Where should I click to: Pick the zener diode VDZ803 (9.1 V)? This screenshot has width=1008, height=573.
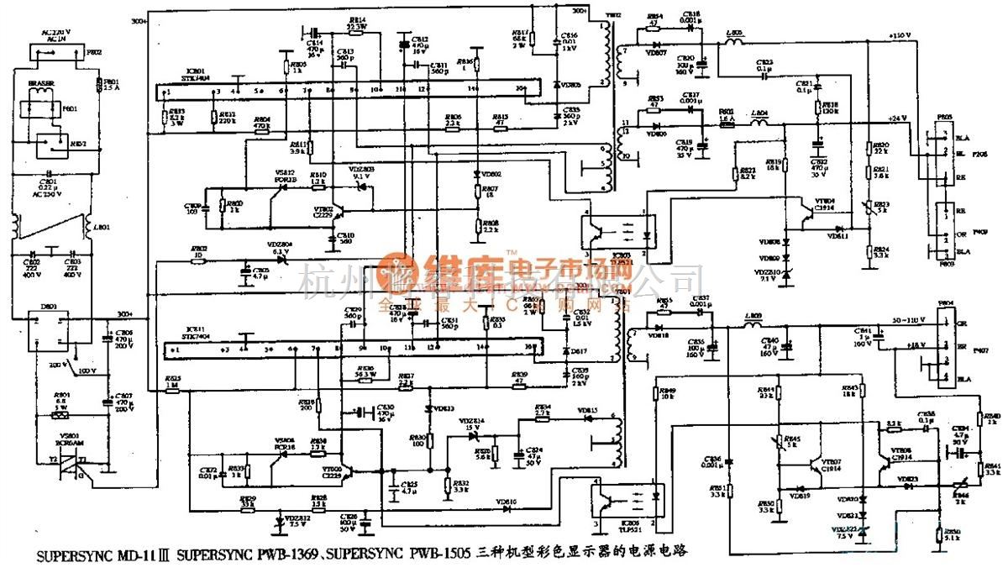[361, 182]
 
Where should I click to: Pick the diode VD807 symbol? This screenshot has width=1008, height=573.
[657, 45]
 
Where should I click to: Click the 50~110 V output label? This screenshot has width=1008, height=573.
[904, 321]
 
